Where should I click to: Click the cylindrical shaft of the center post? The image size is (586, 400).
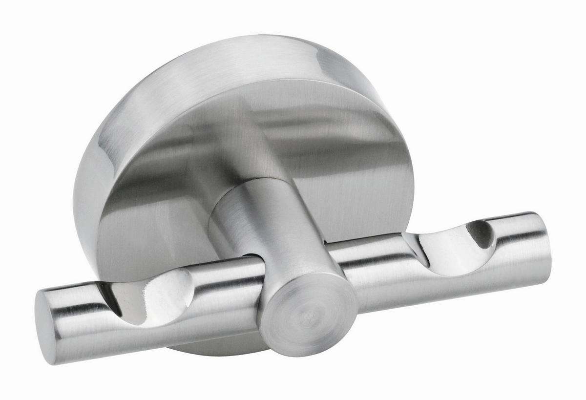point(273,230)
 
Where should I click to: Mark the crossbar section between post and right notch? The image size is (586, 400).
point(371,264)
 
